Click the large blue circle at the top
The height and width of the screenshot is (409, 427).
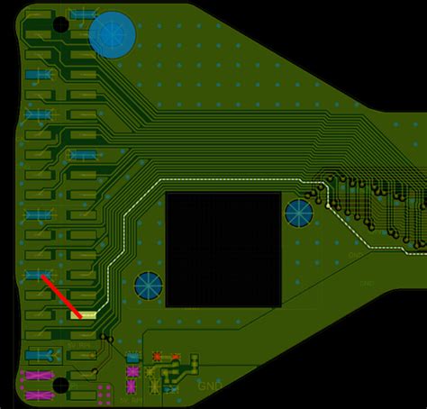click(113, 34)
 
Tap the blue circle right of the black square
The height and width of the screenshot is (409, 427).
click(299, 214)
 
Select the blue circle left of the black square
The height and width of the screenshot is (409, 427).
click(148, 286)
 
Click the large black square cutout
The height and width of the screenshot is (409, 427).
click(223, 249)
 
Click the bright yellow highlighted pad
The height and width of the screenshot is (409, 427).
click(83, 314)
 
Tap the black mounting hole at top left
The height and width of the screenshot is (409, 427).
click(60, 23)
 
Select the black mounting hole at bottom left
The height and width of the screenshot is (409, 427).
click(60, 386)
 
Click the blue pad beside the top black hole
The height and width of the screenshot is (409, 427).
click(84, 15)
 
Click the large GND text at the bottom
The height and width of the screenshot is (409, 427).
click(210, 386)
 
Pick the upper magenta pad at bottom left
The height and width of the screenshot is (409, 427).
click(39, 375)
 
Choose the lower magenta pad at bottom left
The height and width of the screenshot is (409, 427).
click(39, 395)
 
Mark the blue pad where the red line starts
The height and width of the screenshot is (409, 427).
click(39, 275)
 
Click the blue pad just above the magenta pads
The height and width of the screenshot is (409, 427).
click(39, 354)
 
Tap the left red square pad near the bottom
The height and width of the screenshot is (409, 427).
click(157, 357)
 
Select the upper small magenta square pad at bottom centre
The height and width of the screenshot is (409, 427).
click(132, 371)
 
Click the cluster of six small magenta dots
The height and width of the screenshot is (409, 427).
click(104, 392)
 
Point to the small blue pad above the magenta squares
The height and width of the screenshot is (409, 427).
click(132, 358)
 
